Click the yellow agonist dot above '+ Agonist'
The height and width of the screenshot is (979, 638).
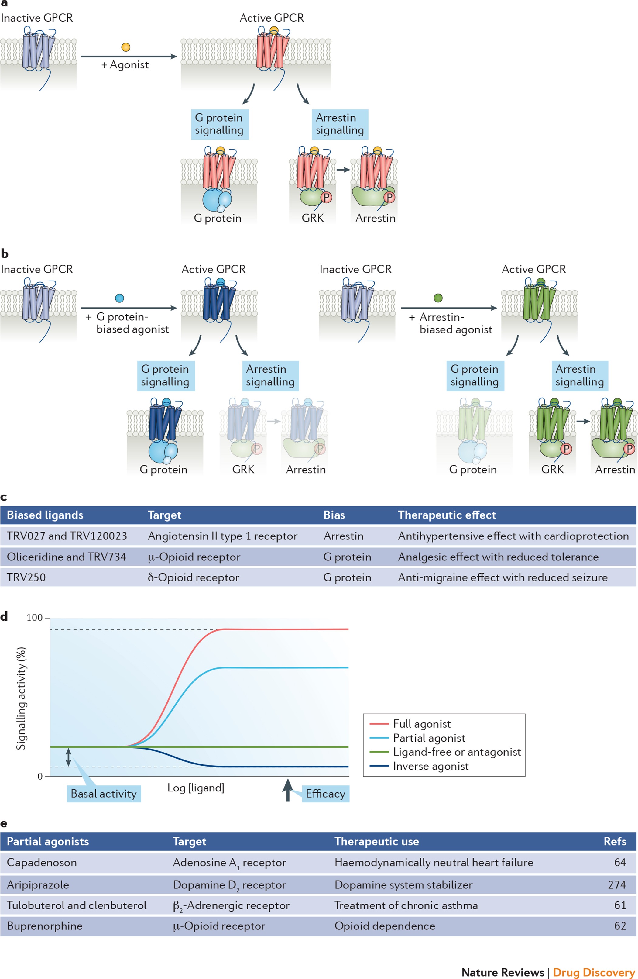pyautogui.click(x=126, y=47)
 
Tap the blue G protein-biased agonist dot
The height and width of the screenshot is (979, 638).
pyautogui.click(x=120, y=298)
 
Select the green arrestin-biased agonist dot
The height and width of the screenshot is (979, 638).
pyautogui.click(x=438, y=298)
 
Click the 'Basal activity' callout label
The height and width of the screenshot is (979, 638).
pyautogui.click(x=104, y=794)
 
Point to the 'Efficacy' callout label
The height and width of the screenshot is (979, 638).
pyautogui.click(x=325, y=794)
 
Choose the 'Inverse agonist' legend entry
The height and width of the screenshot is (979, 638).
pyautogui.click(x=430, y=766)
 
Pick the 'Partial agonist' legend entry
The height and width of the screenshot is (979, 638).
pyautogui.click(x=429, y=738)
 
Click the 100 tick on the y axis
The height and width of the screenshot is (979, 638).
pyautogui.click(x=35, y=618)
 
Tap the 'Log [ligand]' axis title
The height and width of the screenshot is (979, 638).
pyautogui.click(x=196, y=788)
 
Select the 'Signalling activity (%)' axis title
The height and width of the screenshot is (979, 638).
pyautogui.click(x=21, y=698)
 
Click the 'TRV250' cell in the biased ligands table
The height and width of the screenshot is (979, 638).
pyautogui.click(x=26, y=577)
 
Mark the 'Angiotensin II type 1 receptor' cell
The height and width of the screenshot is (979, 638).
pyautogui.click(x=222, y=536)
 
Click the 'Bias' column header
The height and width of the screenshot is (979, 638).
pyautogui.click(x=334, y=515)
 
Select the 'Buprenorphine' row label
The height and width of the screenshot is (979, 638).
pyautogui.click(x=44, y=926)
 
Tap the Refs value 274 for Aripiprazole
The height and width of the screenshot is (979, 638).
pyautogui.click(x=617, y=885)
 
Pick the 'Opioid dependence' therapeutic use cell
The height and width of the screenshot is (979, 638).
pyautogui.click(x=384, y=926)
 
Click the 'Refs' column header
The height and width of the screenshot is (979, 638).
pyautogui.click(x=615, y=842)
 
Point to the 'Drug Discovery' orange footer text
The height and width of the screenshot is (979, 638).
pyautogui.click(x=594, y=972)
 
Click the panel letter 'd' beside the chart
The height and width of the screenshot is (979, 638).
pyautogui.click(x=4, y=617)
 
